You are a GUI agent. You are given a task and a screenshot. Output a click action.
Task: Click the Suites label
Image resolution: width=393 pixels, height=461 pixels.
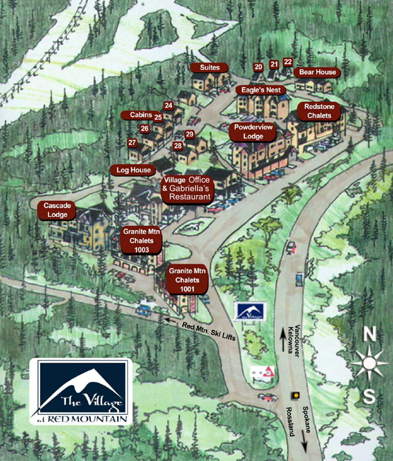pyautogui.click(x=210, y=68)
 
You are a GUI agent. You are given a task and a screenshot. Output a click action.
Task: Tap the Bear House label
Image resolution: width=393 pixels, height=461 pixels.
pyautogui.click(x=317, y=72)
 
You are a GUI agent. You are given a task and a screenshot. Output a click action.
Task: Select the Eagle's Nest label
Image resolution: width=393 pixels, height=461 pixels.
pyautogui.click(x=261, y=90)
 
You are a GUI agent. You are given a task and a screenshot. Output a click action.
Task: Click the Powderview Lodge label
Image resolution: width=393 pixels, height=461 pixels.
pyautogui.click(x=253, y=132)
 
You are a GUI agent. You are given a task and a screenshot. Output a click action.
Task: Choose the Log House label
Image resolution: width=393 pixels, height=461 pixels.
pyautogui.click(x=133, y=170)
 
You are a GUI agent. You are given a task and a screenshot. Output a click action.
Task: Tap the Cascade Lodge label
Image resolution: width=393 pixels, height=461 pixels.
pyautogui.click(x=57, y=210)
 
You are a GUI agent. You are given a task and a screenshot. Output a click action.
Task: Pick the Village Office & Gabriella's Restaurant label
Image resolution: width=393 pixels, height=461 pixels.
pyautogui.click(x=186, y=189)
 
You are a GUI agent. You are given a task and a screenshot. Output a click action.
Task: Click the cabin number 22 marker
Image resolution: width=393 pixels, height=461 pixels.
pyautogui.click(x=288, y=62)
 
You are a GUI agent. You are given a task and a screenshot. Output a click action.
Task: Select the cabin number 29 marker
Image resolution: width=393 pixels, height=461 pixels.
pyautogui.click(x=189, y=134)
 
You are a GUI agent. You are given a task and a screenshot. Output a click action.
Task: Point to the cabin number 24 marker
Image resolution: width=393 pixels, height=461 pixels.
pyautogui.click(x=169, y=105)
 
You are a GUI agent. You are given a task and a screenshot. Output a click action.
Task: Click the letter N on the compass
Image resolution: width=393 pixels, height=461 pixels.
pyautogui.click(x=370, y=335)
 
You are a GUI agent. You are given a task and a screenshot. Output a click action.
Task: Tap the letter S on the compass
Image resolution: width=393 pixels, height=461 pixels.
pyautogui.click(x=369, y=397)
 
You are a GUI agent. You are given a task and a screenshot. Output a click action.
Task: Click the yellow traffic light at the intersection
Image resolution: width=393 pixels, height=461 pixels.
pyautogui.click(x=296, y=395)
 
